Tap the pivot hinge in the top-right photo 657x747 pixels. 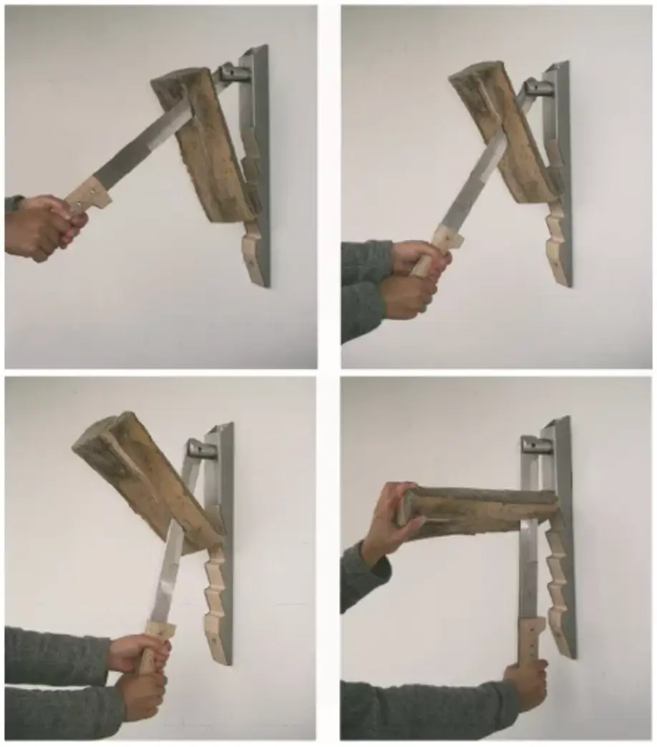point(539,88)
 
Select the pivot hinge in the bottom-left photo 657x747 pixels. point(200,449)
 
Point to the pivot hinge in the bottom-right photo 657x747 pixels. point(536,445)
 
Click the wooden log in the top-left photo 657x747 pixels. point(204,143)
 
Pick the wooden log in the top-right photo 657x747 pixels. point(501,132)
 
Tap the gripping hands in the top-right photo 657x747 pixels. point(415,275)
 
